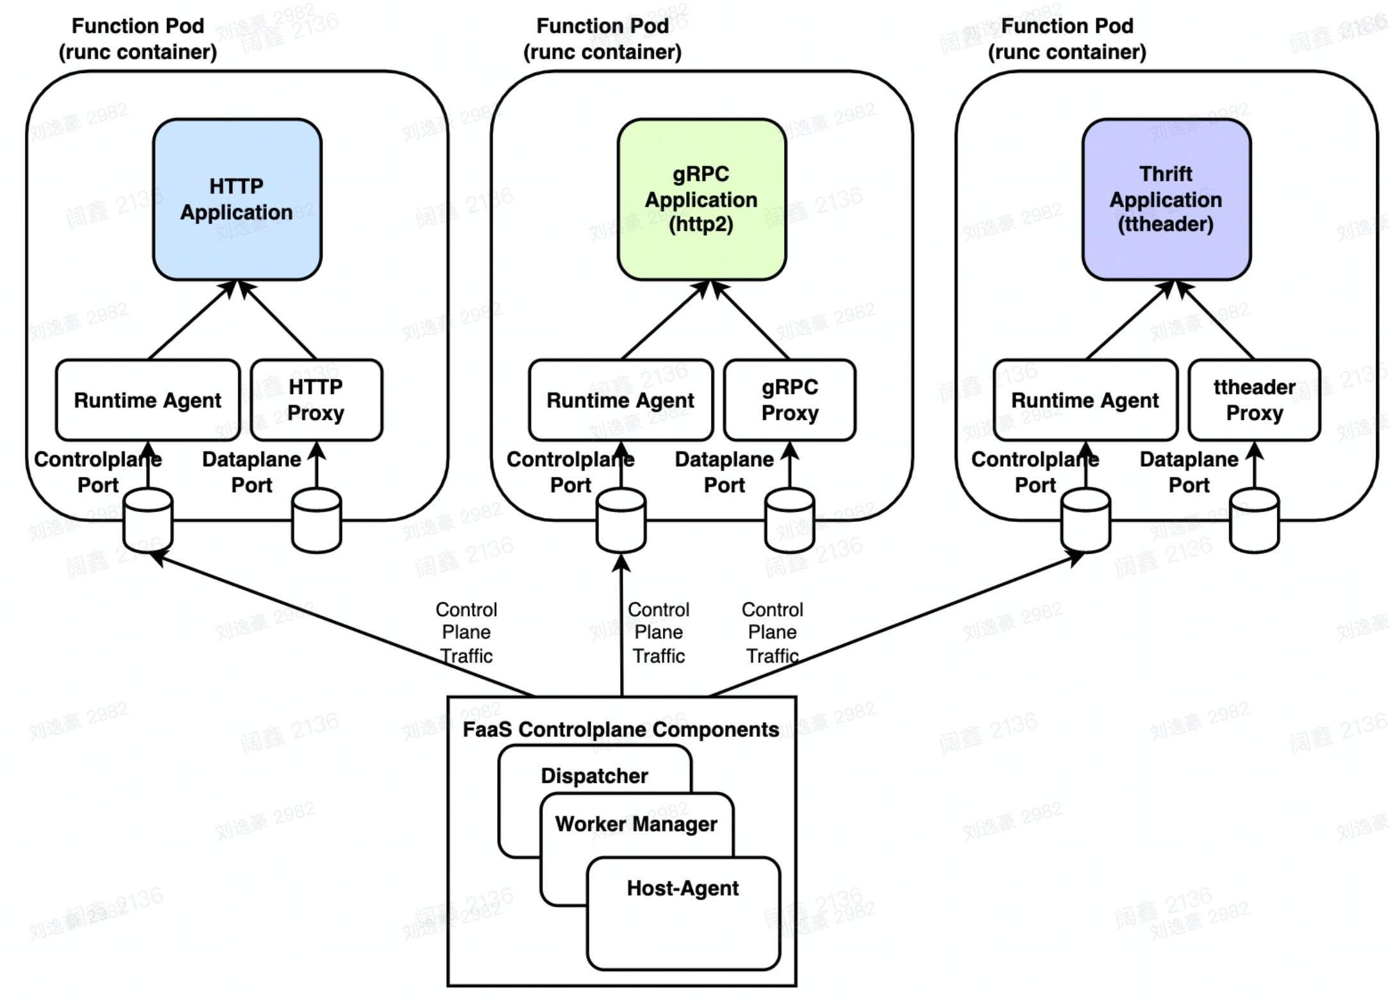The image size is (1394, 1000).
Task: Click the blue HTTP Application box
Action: pyautogui.click(x=237, y=199)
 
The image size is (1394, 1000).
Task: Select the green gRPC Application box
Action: pyautogui.click(x=701, y=199)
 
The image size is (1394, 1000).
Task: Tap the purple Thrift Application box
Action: pyautogui.click(x=1166, y=199)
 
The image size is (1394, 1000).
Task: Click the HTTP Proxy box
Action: pyautogui.click(x=316, y=400)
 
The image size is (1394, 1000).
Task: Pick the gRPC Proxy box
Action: pyautogui.click(x=790, y=400)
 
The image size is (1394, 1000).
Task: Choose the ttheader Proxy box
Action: pyautogui.click(x=1254, y=400)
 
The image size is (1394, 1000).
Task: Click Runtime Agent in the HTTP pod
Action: pyautogui.click(x=148, y=400)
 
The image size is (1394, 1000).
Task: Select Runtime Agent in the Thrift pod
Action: pyautogui.click(x=1086, y=400)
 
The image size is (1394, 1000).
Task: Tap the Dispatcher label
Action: pyautogui.click(x=594, y=776)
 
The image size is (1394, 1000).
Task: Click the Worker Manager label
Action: pyautogui.click(x=636, y=824)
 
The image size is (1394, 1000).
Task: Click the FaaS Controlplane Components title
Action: pyautogui.click(x=621, y=730)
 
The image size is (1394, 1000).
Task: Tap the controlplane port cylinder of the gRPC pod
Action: pyautogui.click(x=621, y=520)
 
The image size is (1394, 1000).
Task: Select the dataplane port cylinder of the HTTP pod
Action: pyautogui.click(x=316, y=520)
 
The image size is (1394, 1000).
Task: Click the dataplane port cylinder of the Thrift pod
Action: pyautogui.click(x=1254, y=520)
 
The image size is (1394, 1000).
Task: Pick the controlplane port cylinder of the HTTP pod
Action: pyautogui.click(x=148, y=520)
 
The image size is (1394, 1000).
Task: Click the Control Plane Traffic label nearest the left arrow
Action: pyautogui.click(x=467, y=633)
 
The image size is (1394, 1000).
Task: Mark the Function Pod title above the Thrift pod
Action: pyautogui.click(x=1067, y=38)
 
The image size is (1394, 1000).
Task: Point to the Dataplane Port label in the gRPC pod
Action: pyautogui.click(x=725, y=472)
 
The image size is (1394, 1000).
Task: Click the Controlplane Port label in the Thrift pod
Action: pyautogui.click(x=1035, y=472)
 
